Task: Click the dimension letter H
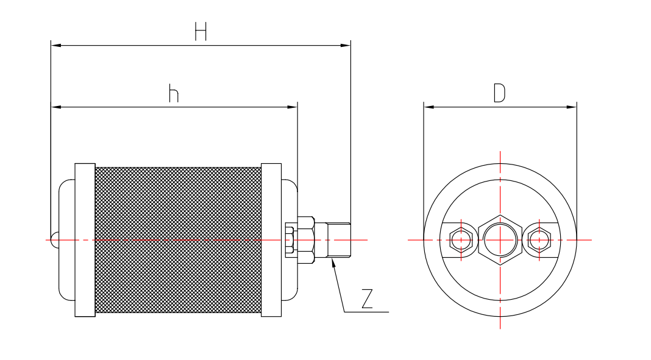click(201, 31)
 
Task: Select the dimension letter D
click(499, 93)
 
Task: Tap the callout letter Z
click(366, 299)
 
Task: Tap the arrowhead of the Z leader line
click(333, 264)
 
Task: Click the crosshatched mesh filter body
click(178, 240)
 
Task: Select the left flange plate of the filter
click(85, 240)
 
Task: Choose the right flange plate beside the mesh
click(271, 240)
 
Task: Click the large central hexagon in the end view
click(500, 240)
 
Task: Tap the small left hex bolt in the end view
click(461, 240)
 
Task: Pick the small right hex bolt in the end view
click(539, 240)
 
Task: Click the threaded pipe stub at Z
click(338, 240)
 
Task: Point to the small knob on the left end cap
click(54, 240)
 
